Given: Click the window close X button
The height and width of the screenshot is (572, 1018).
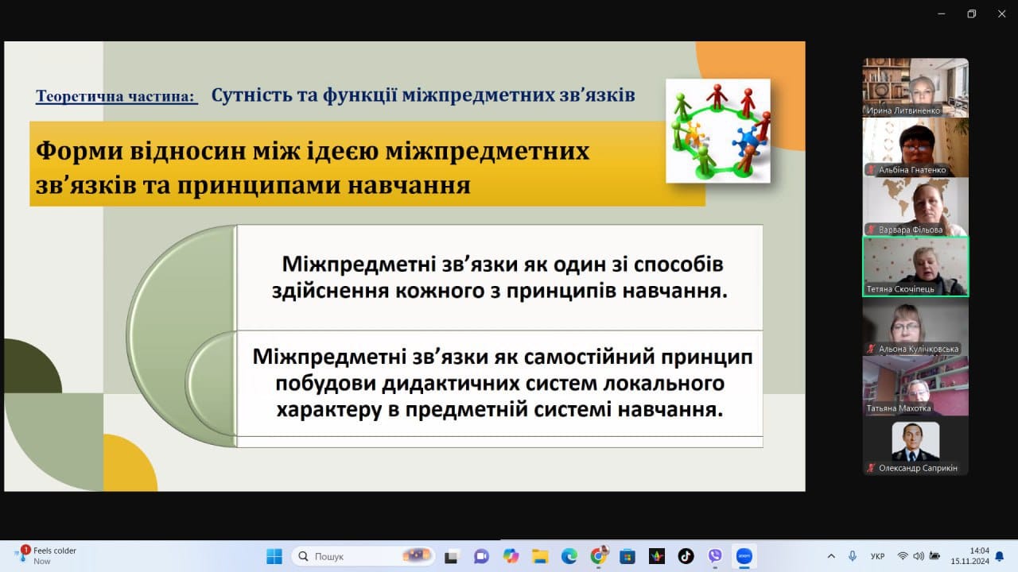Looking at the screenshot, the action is tap(1001, 14).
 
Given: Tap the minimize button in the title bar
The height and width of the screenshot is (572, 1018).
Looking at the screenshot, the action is tap(942, 14).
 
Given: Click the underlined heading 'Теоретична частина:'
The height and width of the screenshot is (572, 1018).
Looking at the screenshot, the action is tap(117, 96).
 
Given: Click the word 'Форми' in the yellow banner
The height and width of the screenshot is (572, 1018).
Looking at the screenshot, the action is tap(79, 151).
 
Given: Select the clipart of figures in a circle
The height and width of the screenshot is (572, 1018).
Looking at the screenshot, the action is tap(718, 131).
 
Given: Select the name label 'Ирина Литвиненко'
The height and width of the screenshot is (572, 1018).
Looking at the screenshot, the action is tap(903, 110).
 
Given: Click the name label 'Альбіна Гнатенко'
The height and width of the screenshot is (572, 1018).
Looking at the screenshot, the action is tap(912, 170).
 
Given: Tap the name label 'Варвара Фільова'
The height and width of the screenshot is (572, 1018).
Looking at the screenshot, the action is tap(911, 230).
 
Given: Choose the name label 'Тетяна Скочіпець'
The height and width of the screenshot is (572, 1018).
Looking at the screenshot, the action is tap(900, 289).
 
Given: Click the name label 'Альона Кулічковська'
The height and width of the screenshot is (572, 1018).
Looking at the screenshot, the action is tap(919, 349).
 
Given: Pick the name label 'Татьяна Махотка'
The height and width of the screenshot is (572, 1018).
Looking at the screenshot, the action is tap(899, 408).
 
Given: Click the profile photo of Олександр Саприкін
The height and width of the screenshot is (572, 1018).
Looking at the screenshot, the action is tap(915, 442).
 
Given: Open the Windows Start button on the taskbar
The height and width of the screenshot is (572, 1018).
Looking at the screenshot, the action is tap(274, 556).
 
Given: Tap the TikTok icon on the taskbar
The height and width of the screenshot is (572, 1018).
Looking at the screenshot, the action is tap(686, 556).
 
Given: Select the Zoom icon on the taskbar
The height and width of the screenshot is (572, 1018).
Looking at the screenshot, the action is tap(744, 556).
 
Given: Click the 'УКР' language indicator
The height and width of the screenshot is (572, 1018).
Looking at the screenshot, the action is tap(877, 556).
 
